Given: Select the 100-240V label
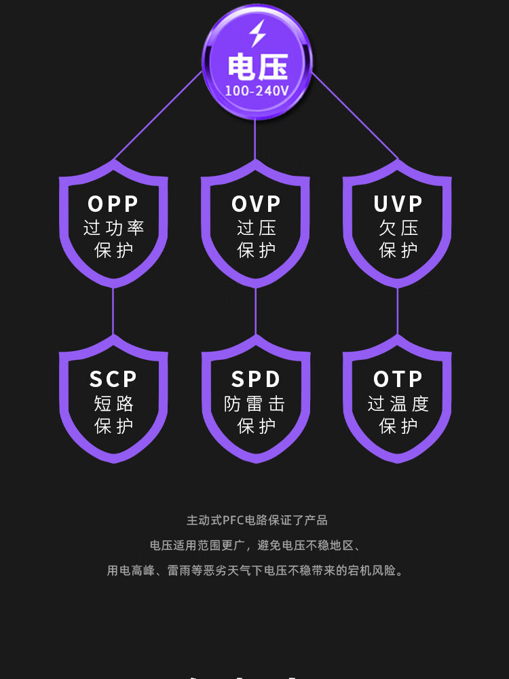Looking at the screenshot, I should [257, 90].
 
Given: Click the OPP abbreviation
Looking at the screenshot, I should [113, 204].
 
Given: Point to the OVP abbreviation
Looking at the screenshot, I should [256, 204].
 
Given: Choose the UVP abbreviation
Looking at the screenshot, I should [398, 204].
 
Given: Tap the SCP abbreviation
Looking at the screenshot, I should [113, 379].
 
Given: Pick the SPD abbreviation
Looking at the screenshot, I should [256, 379].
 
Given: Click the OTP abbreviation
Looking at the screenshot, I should [398, 379].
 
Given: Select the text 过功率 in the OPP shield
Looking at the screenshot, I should [113, 228].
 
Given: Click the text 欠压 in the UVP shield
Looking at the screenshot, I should [398, 228].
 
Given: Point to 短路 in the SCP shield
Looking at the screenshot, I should [113, 404].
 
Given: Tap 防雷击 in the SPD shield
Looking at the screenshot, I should [255, 404].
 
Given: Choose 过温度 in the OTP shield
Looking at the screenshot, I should [398, 404].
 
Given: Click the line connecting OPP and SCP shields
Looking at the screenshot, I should [113, 311].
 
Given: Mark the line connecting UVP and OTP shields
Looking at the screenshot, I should [398, 311].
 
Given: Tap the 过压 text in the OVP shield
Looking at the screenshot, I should [257, 228].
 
